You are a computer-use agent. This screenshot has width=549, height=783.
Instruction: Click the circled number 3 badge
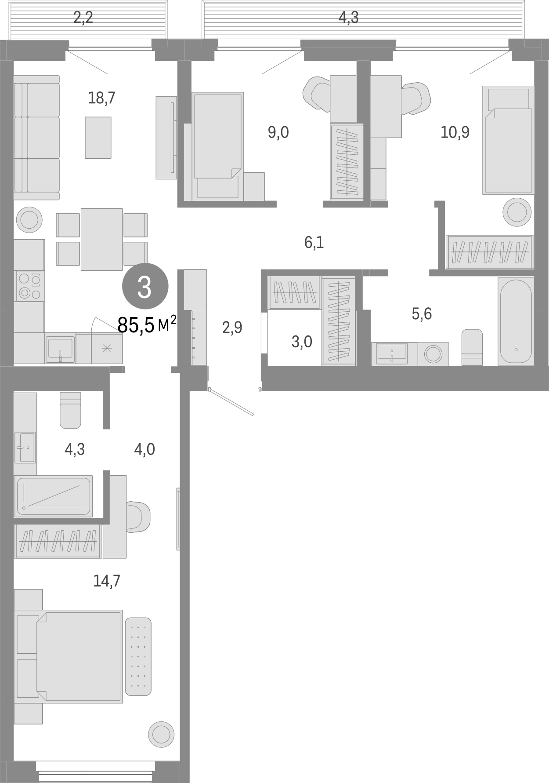click(x=144, y=287)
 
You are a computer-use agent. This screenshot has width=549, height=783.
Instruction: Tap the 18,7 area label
click(x=101, y=98)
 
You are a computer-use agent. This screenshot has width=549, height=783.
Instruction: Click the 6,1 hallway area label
click(x=314, y=242)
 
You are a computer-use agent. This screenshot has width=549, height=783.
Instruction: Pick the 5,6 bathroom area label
click(x=422, y=313)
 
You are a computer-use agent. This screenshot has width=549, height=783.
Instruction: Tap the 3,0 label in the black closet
click(x=302, y=341)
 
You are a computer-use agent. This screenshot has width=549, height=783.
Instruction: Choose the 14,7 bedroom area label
click(x=107, y=581)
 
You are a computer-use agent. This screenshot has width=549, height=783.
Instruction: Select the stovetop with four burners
click(x=30, y=286)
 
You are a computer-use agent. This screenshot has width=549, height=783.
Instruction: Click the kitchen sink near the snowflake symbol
click(x=60, y=348)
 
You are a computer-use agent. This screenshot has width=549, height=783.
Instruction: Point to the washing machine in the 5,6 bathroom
click(x=434, y=354)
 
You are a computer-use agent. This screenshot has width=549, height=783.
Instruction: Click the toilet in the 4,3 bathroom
click(x=70, y=410)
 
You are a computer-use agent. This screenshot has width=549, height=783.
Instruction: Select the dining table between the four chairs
click(x=101, y=239)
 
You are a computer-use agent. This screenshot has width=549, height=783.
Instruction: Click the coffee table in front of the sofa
click(x=98, y=137)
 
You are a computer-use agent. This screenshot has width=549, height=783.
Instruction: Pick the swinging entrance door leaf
click(x=231, y=402)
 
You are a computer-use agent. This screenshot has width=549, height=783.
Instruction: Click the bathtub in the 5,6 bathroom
click(x=515, y=321)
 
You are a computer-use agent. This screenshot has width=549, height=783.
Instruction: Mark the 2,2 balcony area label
click(x=83, y=18)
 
